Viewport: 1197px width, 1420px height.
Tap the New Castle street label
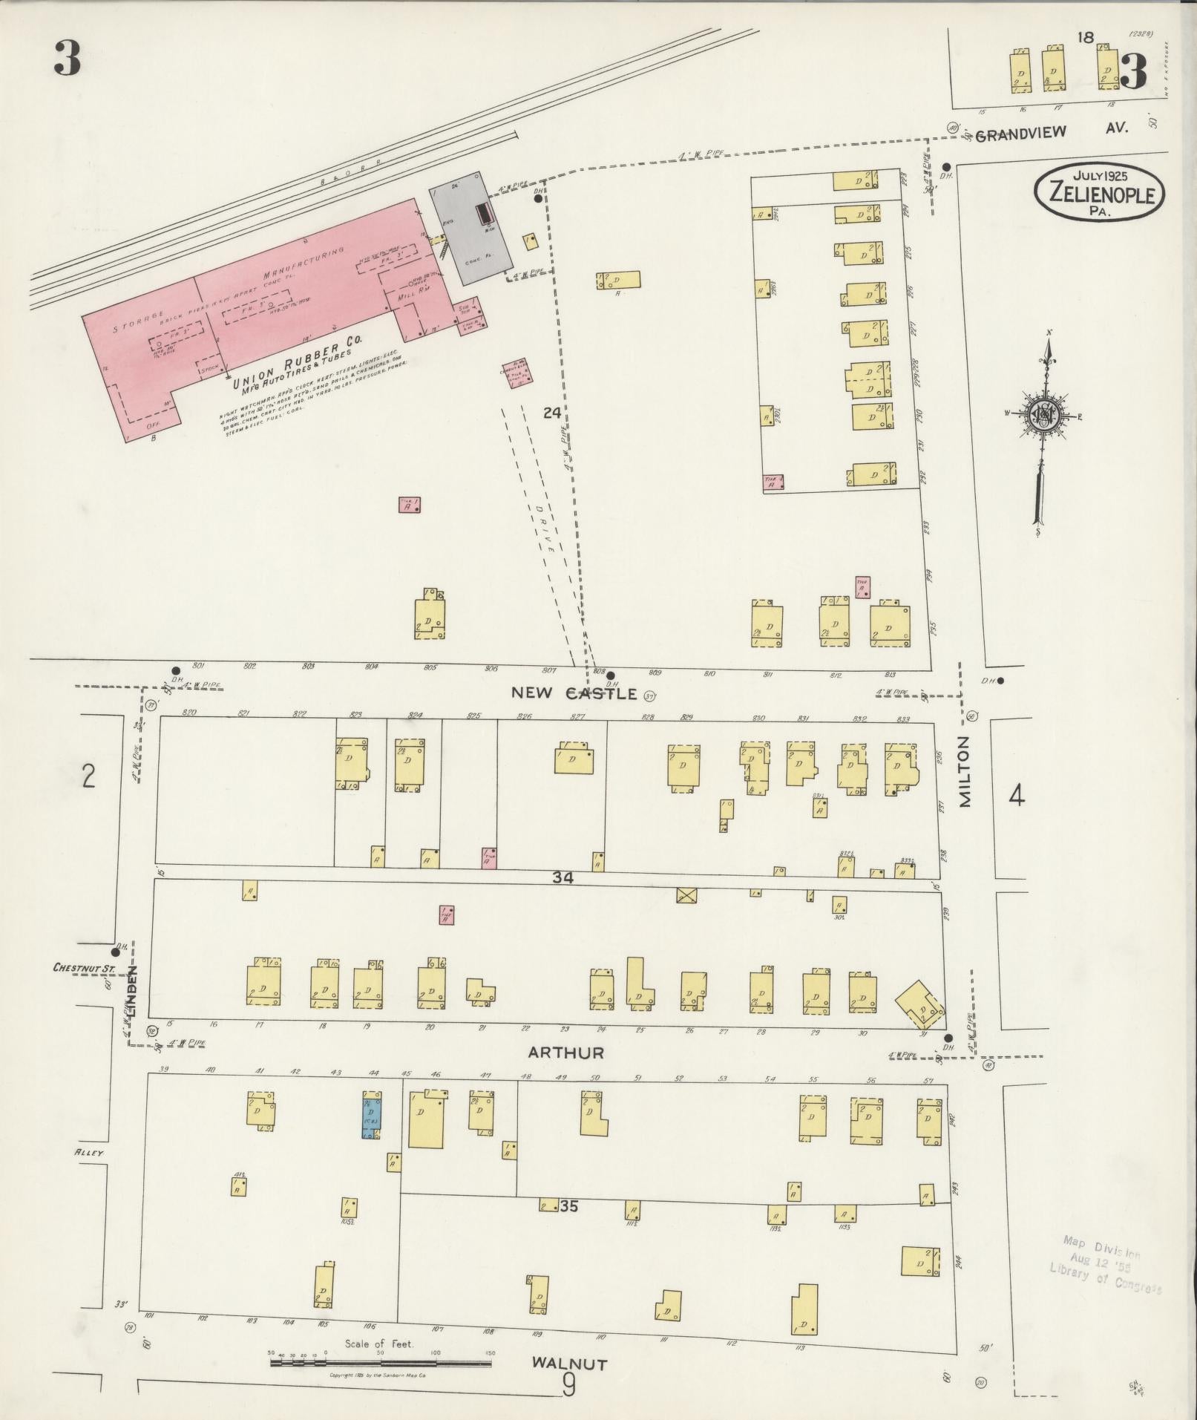574,693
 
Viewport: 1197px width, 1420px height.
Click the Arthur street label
565,1053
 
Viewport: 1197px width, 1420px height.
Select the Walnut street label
569,1364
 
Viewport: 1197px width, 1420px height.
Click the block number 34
563,877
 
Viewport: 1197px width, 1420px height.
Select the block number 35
569,1207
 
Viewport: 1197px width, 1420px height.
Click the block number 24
551,413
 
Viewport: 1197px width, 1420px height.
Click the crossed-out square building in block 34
687,894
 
